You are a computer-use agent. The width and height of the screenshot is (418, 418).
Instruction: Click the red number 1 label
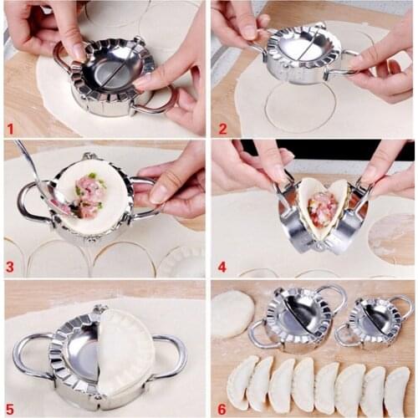[11, 129]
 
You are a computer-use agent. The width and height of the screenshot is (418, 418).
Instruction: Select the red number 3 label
[10, 268]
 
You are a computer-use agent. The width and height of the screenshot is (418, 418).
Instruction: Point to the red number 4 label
[222, 268]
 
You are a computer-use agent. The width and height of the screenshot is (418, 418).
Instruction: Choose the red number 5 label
[10, 407]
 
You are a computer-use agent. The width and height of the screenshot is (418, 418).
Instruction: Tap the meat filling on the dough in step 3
[88, 197]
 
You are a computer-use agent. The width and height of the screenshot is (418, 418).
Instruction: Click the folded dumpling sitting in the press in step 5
[125, 351]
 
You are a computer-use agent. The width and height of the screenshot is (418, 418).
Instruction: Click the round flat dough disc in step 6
[232, 313]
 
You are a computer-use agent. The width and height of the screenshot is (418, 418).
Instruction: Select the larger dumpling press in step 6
[298, 318]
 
